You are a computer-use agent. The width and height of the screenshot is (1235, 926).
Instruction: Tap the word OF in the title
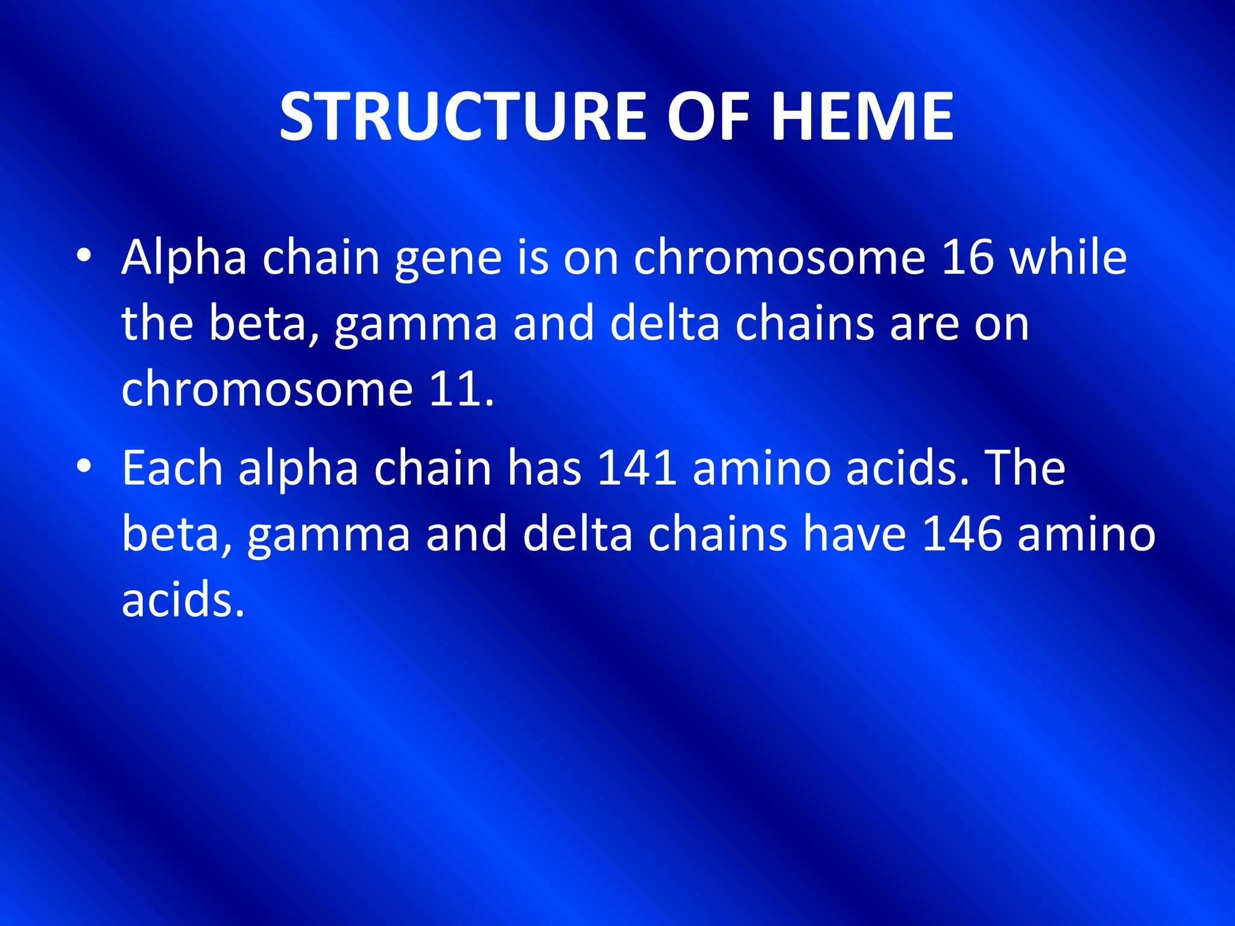[708, 116]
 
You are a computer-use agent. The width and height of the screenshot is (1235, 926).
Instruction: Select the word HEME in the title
[862, 116]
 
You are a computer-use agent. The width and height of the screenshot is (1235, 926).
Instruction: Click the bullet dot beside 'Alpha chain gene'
[84, 256]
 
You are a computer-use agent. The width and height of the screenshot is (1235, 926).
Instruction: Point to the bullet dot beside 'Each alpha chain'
[84, 466]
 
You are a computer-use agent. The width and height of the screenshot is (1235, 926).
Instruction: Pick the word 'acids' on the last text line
[182, 599]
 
